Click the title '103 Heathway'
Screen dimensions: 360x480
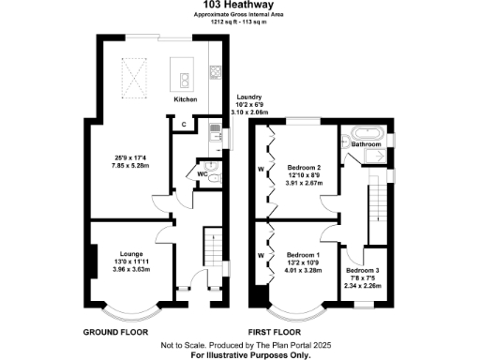coord(240,7)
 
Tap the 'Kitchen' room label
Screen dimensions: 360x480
coord(184,98)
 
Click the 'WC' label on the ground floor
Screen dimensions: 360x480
coord(202,172)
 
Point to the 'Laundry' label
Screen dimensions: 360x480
coord(248,97)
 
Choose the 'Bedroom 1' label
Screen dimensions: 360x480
coord(304,255)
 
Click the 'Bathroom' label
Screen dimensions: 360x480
coord(367,144)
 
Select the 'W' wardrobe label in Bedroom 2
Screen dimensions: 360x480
coord(261,170)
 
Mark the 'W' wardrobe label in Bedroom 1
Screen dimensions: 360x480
coord(261,255)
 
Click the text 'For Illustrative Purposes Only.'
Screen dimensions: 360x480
coord(240,354)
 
